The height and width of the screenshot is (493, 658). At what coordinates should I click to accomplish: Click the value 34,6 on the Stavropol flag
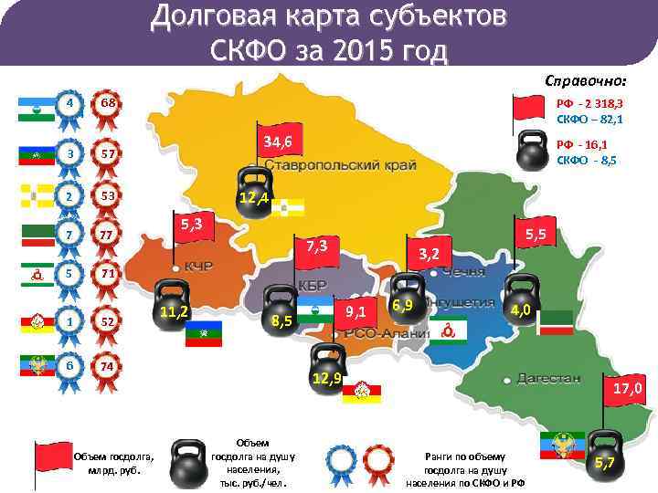pyautogui.click(x=277, y=142)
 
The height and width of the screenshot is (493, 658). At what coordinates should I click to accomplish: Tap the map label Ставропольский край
pyautogui.click(x=342, y=165)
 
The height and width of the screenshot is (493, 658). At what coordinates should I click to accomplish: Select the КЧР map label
pyautogui.click(x=198, y=267)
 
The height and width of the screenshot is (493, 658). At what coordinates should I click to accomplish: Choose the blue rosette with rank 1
pyautogui.click(x=69, y=321)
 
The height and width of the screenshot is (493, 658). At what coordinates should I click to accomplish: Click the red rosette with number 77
pyautogui.click(x=107, y=235)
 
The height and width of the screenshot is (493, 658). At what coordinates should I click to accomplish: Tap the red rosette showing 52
pyautogui.click(x=107, y=321)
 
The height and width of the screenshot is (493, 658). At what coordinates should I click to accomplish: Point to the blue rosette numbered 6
pyautogui.click(x=69, y=365)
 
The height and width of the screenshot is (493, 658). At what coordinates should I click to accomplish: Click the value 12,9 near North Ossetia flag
pyautogui.click(x=326, y=378)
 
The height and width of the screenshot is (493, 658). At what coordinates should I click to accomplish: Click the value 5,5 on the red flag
pyautogui.click(x=536, y=235)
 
